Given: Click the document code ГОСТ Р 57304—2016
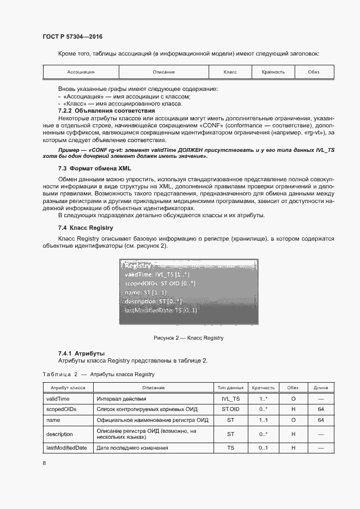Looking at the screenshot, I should click(x=72, y=37).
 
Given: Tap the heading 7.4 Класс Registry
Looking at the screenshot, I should click(x=86, y=228).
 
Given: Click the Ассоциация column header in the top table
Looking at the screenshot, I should click(x=81, y=72).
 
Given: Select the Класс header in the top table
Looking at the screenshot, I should click(x=230, y=72).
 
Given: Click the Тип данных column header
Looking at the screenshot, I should click(x=230, y=388).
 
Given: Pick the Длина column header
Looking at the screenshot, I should click(x=321, y=388).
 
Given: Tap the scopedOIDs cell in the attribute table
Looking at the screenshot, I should click(x=60, y=409).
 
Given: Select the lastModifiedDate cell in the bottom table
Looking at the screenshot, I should click(x=66, y=447).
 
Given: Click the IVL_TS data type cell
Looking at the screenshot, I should click(x=230, y=398).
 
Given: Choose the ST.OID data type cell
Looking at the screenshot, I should click(x=230, y=409).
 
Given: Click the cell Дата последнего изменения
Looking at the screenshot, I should click(x=132, y=447).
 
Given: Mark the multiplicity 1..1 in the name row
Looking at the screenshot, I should click(x=264, y=420).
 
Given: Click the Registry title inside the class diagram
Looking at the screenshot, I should click(x=138, y=266).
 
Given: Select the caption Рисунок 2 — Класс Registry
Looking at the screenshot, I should click(x=188, y=338).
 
